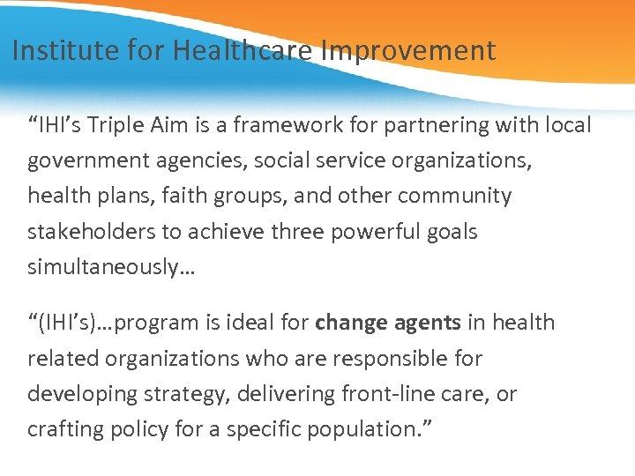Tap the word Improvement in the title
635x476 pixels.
click(x=408, y=50)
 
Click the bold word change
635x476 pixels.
click(x=350, y=323)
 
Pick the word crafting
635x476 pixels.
click(x=64, y=429)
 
